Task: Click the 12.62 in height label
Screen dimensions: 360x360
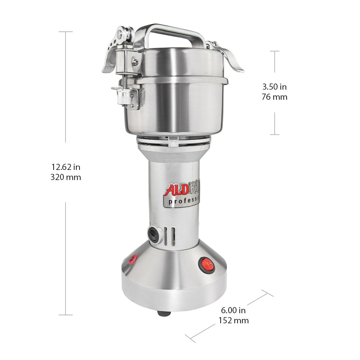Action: [66, 167]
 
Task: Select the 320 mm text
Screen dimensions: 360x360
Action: [66, 177]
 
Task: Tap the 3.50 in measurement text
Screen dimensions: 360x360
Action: [274, 87]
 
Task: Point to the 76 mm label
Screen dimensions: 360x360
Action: [274, 97]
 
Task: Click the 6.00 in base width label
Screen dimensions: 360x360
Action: [233, 310]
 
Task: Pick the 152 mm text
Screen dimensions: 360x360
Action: [233, 320]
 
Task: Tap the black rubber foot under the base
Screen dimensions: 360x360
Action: [163, 313]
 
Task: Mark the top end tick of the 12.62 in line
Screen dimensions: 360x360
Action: [66, 32]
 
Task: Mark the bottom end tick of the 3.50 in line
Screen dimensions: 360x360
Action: [275, 135]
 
